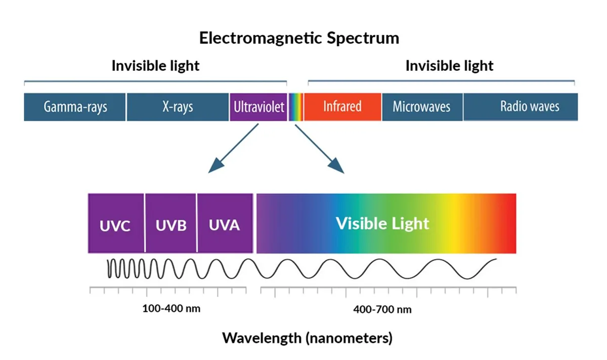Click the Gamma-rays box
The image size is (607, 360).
point(74,107)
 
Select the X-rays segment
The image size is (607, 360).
point(178,107)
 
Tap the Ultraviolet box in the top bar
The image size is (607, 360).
point(258,107)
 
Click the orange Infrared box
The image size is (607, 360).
point(342,107)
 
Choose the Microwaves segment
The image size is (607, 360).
point(422,107)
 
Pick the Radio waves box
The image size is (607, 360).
point(521,107)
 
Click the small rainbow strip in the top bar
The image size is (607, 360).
point(295,107)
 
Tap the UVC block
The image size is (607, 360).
point(116,223)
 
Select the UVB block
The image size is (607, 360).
point(171,223)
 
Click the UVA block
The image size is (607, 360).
point(225,223)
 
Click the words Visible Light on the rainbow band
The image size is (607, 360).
point(382,224)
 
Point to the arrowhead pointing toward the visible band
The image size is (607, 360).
point(337,166)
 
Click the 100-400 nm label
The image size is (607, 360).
point(171,308)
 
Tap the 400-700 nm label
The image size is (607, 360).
point(382,309)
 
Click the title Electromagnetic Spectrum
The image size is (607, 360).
point(299,38)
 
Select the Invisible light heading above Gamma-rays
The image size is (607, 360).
point(156,66)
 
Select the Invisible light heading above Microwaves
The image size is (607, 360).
point(449,66)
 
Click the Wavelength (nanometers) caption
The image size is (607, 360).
point(308,338)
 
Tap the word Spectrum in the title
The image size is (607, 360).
point(363,38)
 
